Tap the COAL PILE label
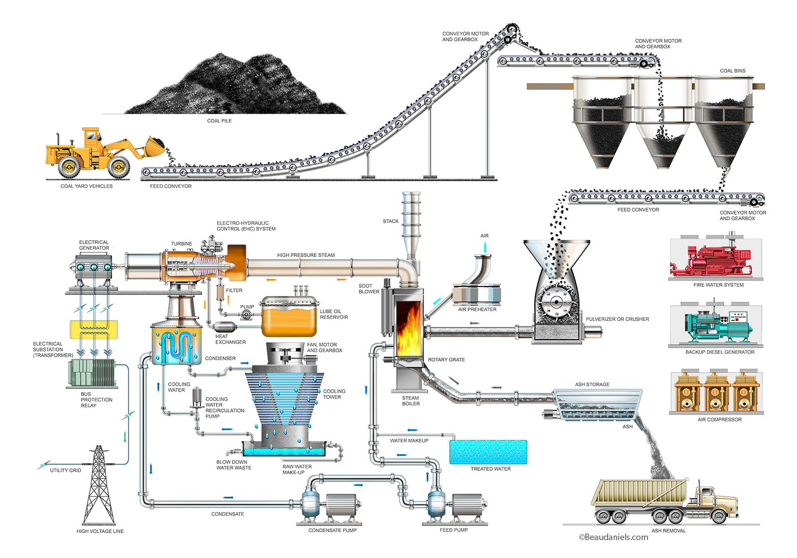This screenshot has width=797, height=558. (x=219, y=121)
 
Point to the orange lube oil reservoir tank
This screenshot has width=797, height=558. (x=289, y=321)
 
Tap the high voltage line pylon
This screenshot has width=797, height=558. (x=100, y=486)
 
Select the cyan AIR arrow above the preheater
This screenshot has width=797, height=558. (x=485, y=247)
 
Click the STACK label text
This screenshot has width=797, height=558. (x=391, y=221)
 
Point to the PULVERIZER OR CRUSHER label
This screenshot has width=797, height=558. (x=617, y=319)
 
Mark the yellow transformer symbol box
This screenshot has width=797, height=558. (x=94, y=329)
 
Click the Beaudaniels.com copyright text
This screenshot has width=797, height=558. (x=613, y=537)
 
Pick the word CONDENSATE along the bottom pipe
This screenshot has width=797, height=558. (x=228, y=514)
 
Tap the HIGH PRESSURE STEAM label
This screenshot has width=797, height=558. (x=306, y=255)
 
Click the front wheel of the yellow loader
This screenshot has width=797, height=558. (x=119, y=166)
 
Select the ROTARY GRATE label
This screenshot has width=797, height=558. (x=446, y=360)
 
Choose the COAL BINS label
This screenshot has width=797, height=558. (x=732, y=71)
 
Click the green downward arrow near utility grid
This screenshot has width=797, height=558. (x=125, y=437)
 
